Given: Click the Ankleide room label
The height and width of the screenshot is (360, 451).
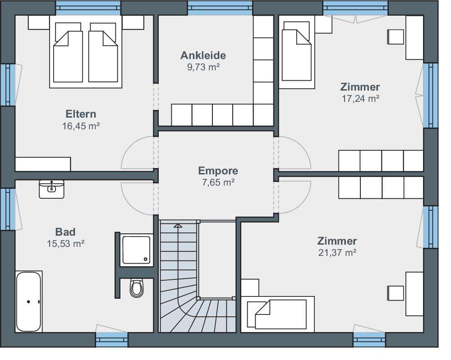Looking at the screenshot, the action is tap(203, 55).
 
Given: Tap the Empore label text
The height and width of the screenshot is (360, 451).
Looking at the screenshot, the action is tap(218, 171).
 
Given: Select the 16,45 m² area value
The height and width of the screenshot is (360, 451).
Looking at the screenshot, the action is tap(81, 126).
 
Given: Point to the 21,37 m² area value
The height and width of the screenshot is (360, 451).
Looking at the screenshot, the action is tap(337, 253).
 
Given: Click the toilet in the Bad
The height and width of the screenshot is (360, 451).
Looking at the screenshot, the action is tap(136, 287).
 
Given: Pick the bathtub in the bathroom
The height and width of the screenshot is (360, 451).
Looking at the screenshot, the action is tap(28, 301).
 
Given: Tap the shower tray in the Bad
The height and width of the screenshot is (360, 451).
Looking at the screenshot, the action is tap(136, 250).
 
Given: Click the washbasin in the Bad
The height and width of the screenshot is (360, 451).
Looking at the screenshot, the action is tap(51, 189).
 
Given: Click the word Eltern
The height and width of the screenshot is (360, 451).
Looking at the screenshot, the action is tap(81, 114).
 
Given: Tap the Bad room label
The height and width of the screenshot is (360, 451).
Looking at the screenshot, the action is tap(65, 232).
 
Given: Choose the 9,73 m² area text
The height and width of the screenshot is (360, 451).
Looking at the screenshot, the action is tap(203, 67).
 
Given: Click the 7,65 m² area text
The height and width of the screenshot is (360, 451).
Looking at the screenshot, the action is tap(218, 182).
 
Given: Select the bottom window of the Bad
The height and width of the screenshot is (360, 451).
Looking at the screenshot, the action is tap(111, 340).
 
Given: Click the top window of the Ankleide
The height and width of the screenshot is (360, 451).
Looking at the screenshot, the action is tap(220, 8).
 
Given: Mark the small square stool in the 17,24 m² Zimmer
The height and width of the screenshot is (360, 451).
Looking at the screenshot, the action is tap(396, 37).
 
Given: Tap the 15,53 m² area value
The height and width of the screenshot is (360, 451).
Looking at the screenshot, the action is tap(65, 244).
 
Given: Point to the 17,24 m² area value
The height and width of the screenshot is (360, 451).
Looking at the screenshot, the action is tap(360, 99).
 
